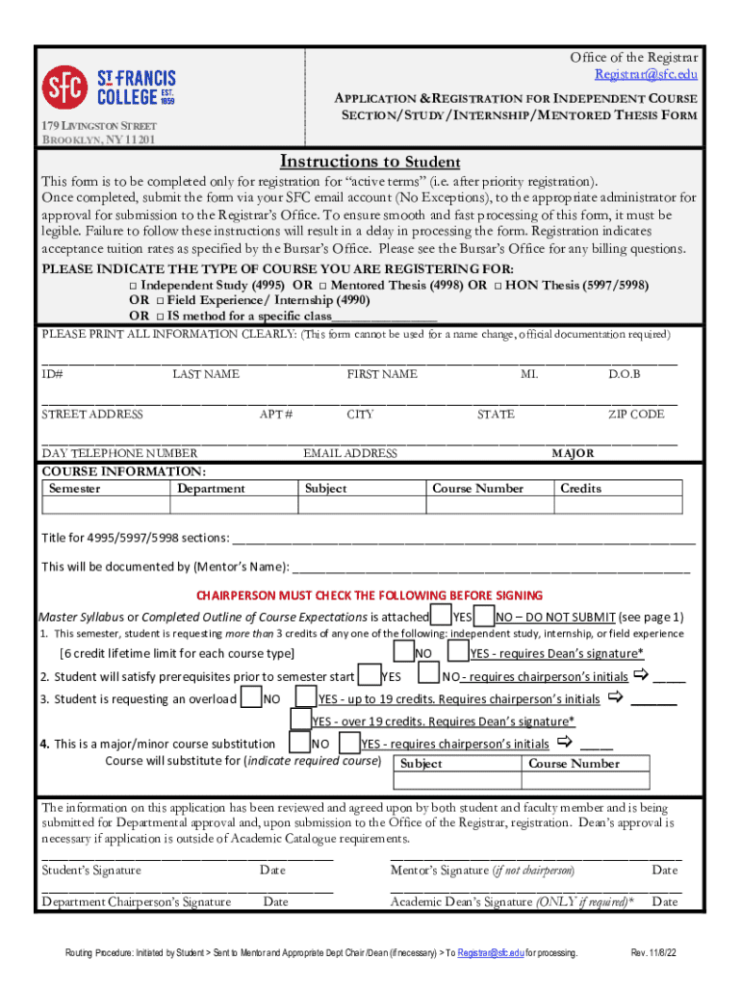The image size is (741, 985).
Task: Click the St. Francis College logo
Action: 108,88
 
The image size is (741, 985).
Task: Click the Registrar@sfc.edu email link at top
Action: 645,74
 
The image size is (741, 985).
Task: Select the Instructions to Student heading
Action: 370,162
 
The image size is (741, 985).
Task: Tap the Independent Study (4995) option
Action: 134,286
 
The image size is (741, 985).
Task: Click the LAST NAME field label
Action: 206,374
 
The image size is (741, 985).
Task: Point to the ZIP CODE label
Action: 635,415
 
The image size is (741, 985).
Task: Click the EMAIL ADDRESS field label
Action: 350,453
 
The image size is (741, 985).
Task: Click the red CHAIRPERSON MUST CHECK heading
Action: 370,595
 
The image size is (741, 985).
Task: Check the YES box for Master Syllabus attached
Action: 440,616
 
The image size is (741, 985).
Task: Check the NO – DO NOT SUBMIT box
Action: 484,616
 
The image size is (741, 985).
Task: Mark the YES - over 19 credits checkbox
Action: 301,720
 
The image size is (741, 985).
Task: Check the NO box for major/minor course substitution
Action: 300,743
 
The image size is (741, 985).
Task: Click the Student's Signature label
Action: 91,871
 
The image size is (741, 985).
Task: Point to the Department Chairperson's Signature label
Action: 136,902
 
